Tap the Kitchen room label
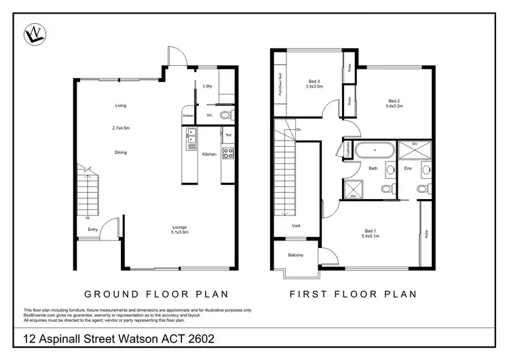click(209, 155)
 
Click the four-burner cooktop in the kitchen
click(229, 154)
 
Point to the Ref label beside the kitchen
click(229, 135)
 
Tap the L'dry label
click(208, 86)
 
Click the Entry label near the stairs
click(93, 230)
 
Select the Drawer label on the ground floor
click(188, 115)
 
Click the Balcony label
click(295, 255)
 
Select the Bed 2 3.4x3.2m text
click(394, 103)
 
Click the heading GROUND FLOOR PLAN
click(155, 294)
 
